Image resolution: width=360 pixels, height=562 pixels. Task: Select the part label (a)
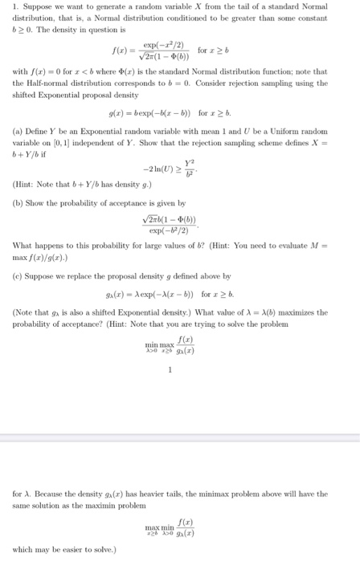point(19,129)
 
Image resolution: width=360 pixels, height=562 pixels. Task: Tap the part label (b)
point(19,205)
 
